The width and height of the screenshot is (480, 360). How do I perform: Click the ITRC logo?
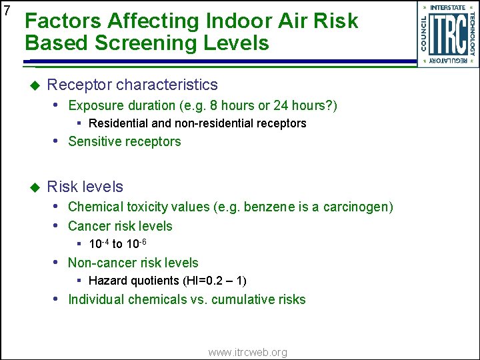[447, 34]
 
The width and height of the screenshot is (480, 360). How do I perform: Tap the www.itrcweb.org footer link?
[247, 352]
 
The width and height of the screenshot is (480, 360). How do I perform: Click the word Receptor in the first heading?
[79, 85]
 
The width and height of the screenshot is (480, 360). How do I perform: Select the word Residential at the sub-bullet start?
[117, 123]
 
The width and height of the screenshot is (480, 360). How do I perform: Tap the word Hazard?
[108, 281]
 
